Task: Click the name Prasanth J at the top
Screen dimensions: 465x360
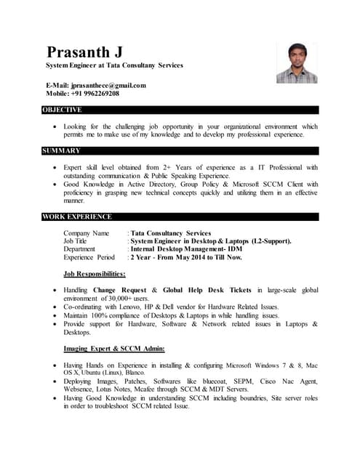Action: pos(84,52)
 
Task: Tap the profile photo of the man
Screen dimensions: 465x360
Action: pos(296,63)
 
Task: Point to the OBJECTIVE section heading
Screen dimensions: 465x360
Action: pos(62,110)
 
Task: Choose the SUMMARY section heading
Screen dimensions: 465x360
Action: pos(61,150)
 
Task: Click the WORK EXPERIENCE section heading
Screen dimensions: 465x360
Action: pos(77,217)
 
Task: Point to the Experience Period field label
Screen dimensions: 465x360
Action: pos(89,257)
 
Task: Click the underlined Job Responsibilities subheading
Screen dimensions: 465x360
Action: pos(95,274)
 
